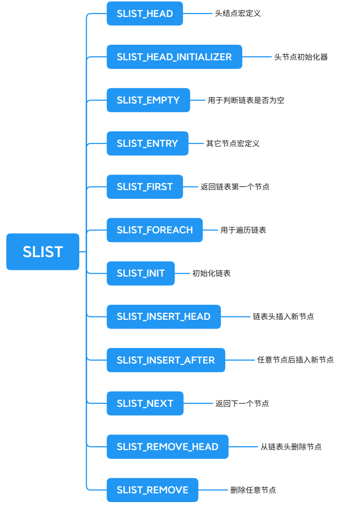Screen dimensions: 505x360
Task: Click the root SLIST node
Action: [x=43, y=252]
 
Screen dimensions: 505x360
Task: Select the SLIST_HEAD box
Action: [x=145, y=14]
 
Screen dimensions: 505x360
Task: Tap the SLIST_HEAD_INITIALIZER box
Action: [x=174, y=57]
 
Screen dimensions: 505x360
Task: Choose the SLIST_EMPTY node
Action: [x=148, y=100]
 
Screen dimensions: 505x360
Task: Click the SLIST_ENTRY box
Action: [x=147, y=143]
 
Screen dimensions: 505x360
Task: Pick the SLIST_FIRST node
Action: [x=145, y=187]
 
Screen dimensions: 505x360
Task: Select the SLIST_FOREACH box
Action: [x=155, y=230]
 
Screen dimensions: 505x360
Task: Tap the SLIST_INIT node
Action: [x=141, y=273]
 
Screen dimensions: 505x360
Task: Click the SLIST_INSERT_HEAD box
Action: [x=163, y=316]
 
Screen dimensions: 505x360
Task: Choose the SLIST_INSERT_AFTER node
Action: [x=166, y=360]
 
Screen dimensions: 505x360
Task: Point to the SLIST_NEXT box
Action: [x=145, y=403]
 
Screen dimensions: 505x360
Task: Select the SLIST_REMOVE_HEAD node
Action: [x=167, y=447]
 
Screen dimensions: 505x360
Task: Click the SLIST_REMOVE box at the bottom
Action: [x=152, y=490]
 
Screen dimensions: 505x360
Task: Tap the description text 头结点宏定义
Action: [x=238, y=14]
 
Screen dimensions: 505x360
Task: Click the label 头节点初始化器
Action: [x=301, y=57]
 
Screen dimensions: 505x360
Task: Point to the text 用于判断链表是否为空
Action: [x=246, y=100]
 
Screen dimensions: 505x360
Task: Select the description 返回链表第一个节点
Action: [x=235, y=187]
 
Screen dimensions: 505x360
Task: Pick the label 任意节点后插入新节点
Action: [x=295, y=360]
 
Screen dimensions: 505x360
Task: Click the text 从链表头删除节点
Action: [x=291, y=447]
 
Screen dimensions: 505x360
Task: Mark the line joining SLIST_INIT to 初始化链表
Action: [x=183, y=273]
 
